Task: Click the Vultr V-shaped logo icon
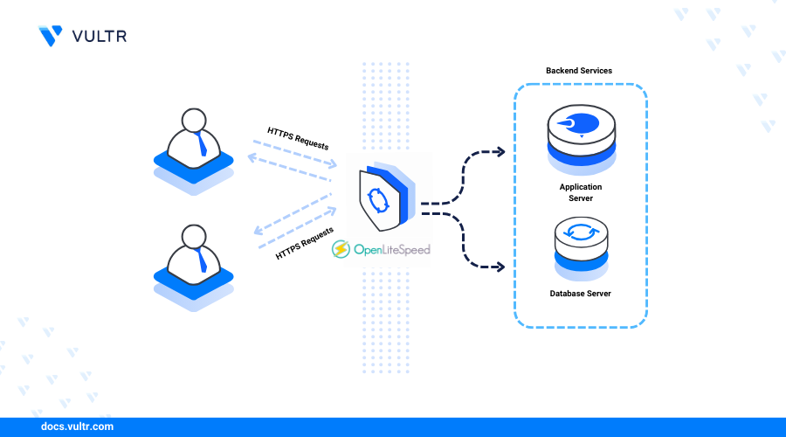click(51, 36)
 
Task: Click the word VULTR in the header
click(100, 36)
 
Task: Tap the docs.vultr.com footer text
click(77, 427)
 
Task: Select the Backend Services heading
click(579, 71)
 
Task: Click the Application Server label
click(581, 192)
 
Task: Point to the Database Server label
click(581, 294)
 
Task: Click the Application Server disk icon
click(582, 140)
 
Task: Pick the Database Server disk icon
click(582, 248)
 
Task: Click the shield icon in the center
click(387, 197)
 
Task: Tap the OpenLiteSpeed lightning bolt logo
click(341, 249)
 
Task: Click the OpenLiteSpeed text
click(392, 249)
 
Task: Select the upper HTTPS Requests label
click(298, 138)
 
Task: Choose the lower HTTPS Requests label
click(305, 243)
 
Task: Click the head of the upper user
click(194, 121)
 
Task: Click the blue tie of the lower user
click(202, 260)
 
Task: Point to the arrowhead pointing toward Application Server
click(500, 151)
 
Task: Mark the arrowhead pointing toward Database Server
click(500, 267)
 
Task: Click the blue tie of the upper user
click(202, 144)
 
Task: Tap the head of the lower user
click(194, 237)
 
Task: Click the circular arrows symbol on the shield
click(378, 200)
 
